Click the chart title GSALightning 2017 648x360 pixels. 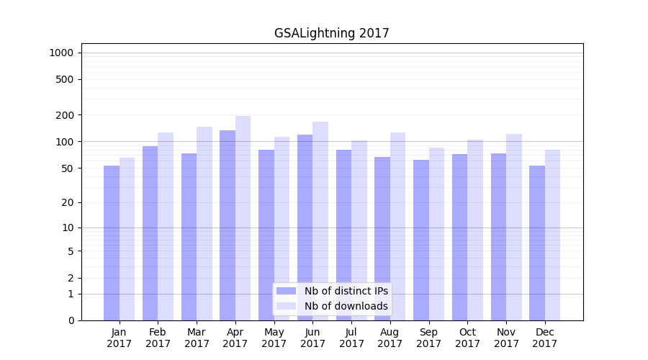[x=331, y=34]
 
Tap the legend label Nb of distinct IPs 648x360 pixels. [x=346, y=291]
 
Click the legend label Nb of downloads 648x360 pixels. [x=346, y=306]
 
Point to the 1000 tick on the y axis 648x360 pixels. [x=61, y=53]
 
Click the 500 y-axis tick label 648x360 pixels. [x=65, y=79]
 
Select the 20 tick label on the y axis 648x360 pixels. [x=68, y=202]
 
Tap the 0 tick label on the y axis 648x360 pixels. [x=71, y=320]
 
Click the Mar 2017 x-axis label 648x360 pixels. [x=197, y=338]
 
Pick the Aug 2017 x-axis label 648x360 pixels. [x=390, y=338]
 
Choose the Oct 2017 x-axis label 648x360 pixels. [x=467, y=338]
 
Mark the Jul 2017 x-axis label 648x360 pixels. [x=351, y=338]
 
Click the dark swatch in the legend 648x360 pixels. [x=286, y=291]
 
